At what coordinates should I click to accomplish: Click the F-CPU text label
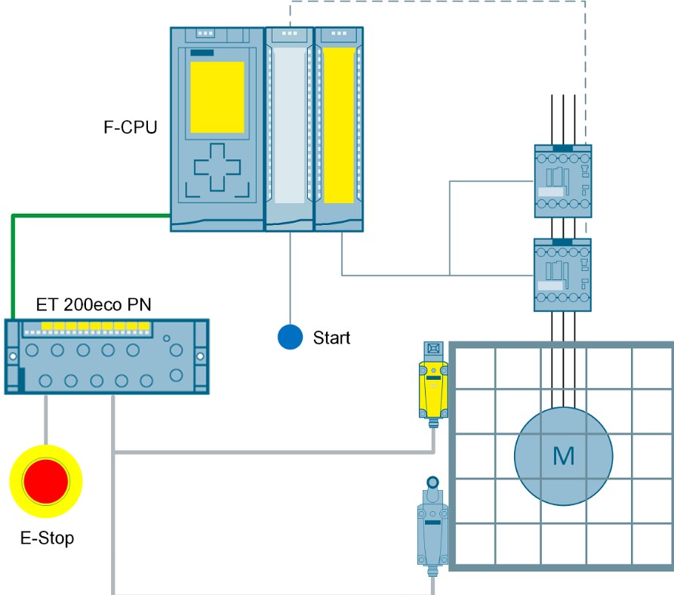(x=131, y=128)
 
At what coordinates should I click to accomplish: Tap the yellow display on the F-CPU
(x=217, y=97)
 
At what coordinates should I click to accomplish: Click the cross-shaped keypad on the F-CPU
(x=217, y=167)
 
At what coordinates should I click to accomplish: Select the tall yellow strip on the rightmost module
(x=339, y=125)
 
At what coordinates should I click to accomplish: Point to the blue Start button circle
(x=290, y=337)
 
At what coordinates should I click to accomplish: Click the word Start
(x=331, y=338)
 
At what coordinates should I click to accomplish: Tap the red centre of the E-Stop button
(x=46, y=482)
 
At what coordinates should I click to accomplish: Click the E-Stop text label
(x=48, y=538)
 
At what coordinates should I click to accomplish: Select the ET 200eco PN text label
(x=94, y=305)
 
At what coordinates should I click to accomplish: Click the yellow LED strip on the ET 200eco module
(x=95, y=326)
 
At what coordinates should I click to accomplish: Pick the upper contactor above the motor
(x=562, y=181)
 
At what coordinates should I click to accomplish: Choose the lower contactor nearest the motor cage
(x=562, y=275)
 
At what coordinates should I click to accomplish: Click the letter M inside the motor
(x=564, y=456)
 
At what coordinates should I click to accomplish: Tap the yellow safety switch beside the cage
(x=433, y=389)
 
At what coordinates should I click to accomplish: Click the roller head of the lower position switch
(x=433, y=482)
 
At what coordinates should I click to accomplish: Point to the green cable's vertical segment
(x=14, y=267)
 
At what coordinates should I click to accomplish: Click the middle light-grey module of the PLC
(x=290, y=129)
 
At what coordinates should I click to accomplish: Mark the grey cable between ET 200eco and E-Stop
(x=46, y=420)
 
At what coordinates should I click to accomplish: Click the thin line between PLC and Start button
(x=290, y=278)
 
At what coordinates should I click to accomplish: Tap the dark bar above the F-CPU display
(x=202, y=52)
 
